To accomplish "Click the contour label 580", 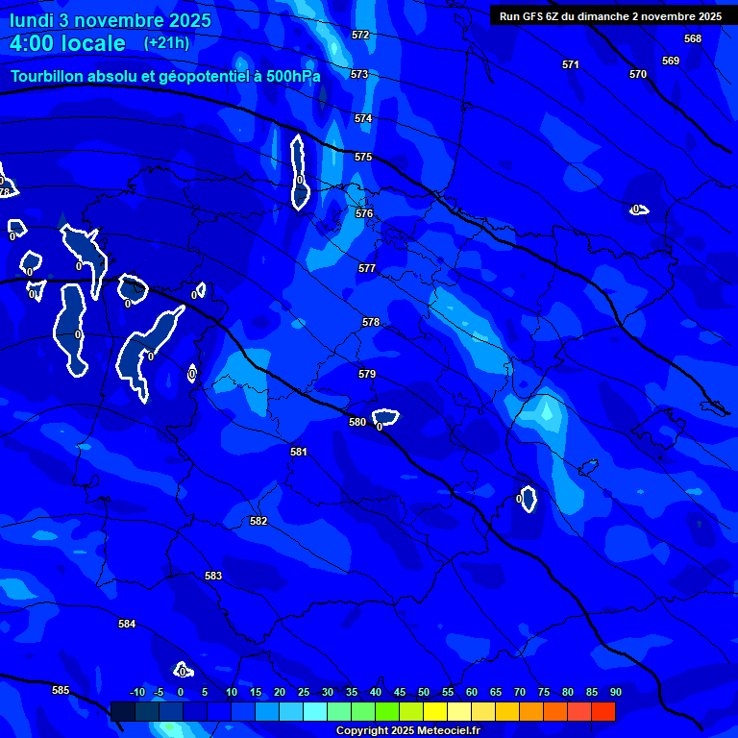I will tap(357, 422).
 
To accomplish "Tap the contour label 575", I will tap(363, 157).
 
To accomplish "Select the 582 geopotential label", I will tap(258, 521).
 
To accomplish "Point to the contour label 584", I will tap(127, 624).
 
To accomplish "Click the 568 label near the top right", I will tap(693, 38).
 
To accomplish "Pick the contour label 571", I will tap(571, 64).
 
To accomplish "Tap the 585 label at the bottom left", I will tap(61, 690).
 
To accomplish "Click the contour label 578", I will tap(371, 322).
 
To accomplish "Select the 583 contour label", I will tap(213, 576).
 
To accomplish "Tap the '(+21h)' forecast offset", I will tap(166, 42).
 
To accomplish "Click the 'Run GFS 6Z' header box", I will tap(610, 15).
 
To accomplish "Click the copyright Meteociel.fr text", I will tap(407, 731).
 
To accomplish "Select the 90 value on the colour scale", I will tap(615, 692).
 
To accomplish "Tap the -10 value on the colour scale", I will tap(136, 692).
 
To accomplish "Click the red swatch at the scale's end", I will tap(603, 711).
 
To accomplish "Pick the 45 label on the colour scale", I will tap(400, 692).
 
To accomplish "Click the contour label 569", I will tap(671, 61).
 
